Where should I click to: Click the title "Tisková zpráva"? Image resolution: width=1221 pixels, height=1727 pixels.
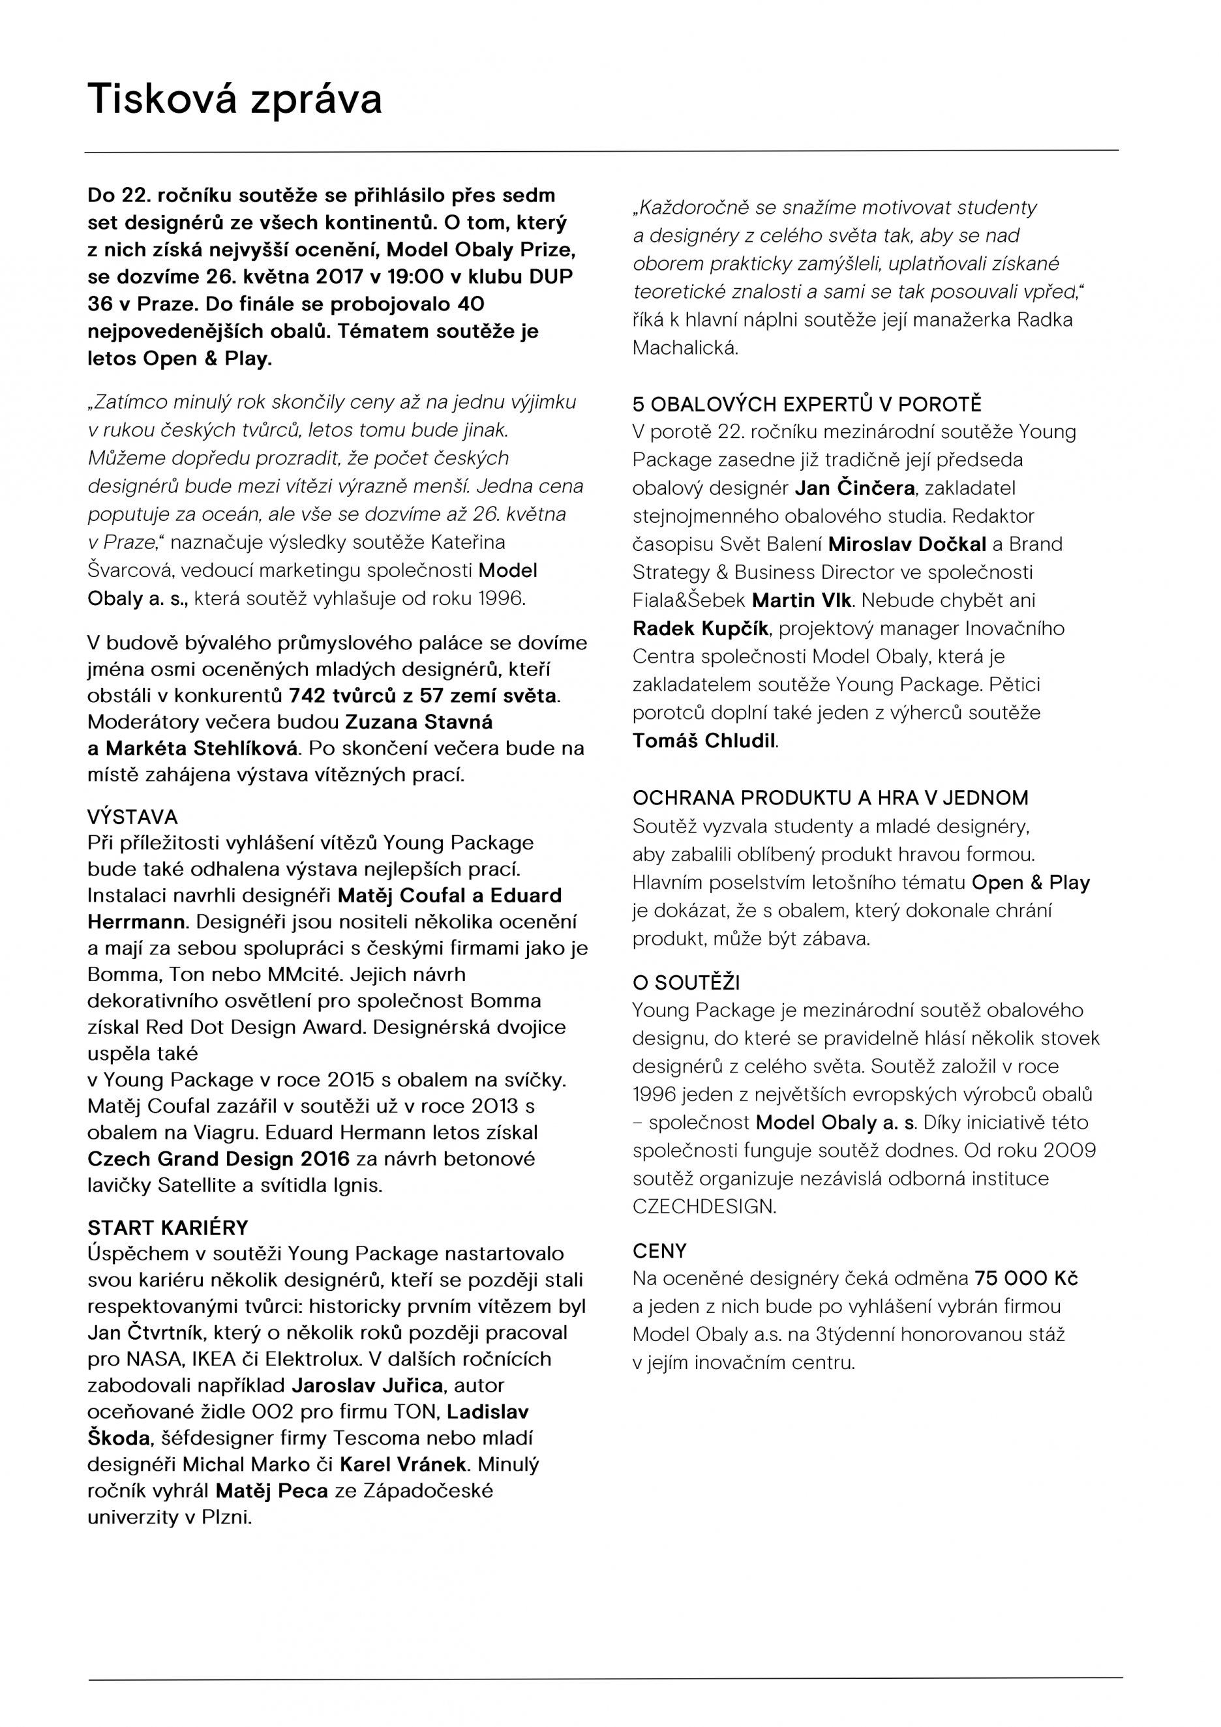click(235, 99)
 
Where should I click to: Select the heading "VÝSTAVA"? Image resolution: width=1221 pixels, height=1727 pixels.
click(132, 817)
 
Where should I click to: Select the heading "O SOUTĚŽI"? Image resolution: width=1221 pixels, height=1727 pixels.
click(686, 983)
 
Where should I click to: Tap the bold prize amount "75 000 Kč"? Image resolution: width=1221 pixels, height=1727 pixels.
click(1026, 1278)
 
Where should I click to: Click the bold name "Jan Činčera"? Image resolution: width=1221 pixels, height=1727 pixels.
click(854, 488)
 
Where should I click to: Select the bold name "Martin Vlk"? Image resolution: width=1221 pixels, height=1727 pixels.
click(802, 600)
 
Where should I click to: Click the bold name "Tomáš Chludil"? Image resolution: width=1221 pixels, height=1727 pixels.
click(703, 741)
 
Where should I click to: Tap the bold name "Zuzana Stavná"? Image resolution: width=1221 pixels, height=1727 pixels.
click(419, 722)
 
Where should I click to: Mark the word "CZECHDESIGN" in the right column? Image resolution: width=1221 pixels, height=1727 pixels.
click(703, 1207)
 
